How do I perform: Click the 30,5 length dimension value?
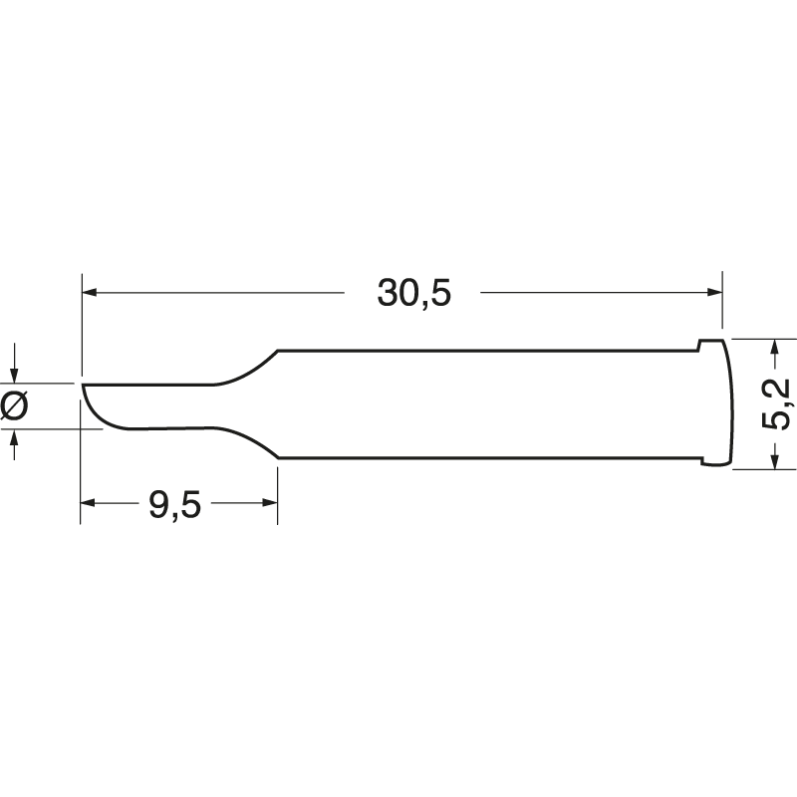413,293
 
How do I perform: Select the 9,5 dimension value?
175,505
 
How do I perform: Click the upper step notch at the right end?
700,345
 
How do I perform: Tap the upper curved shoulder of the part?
249,368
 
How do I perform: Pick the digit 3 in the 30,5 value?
388,293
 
